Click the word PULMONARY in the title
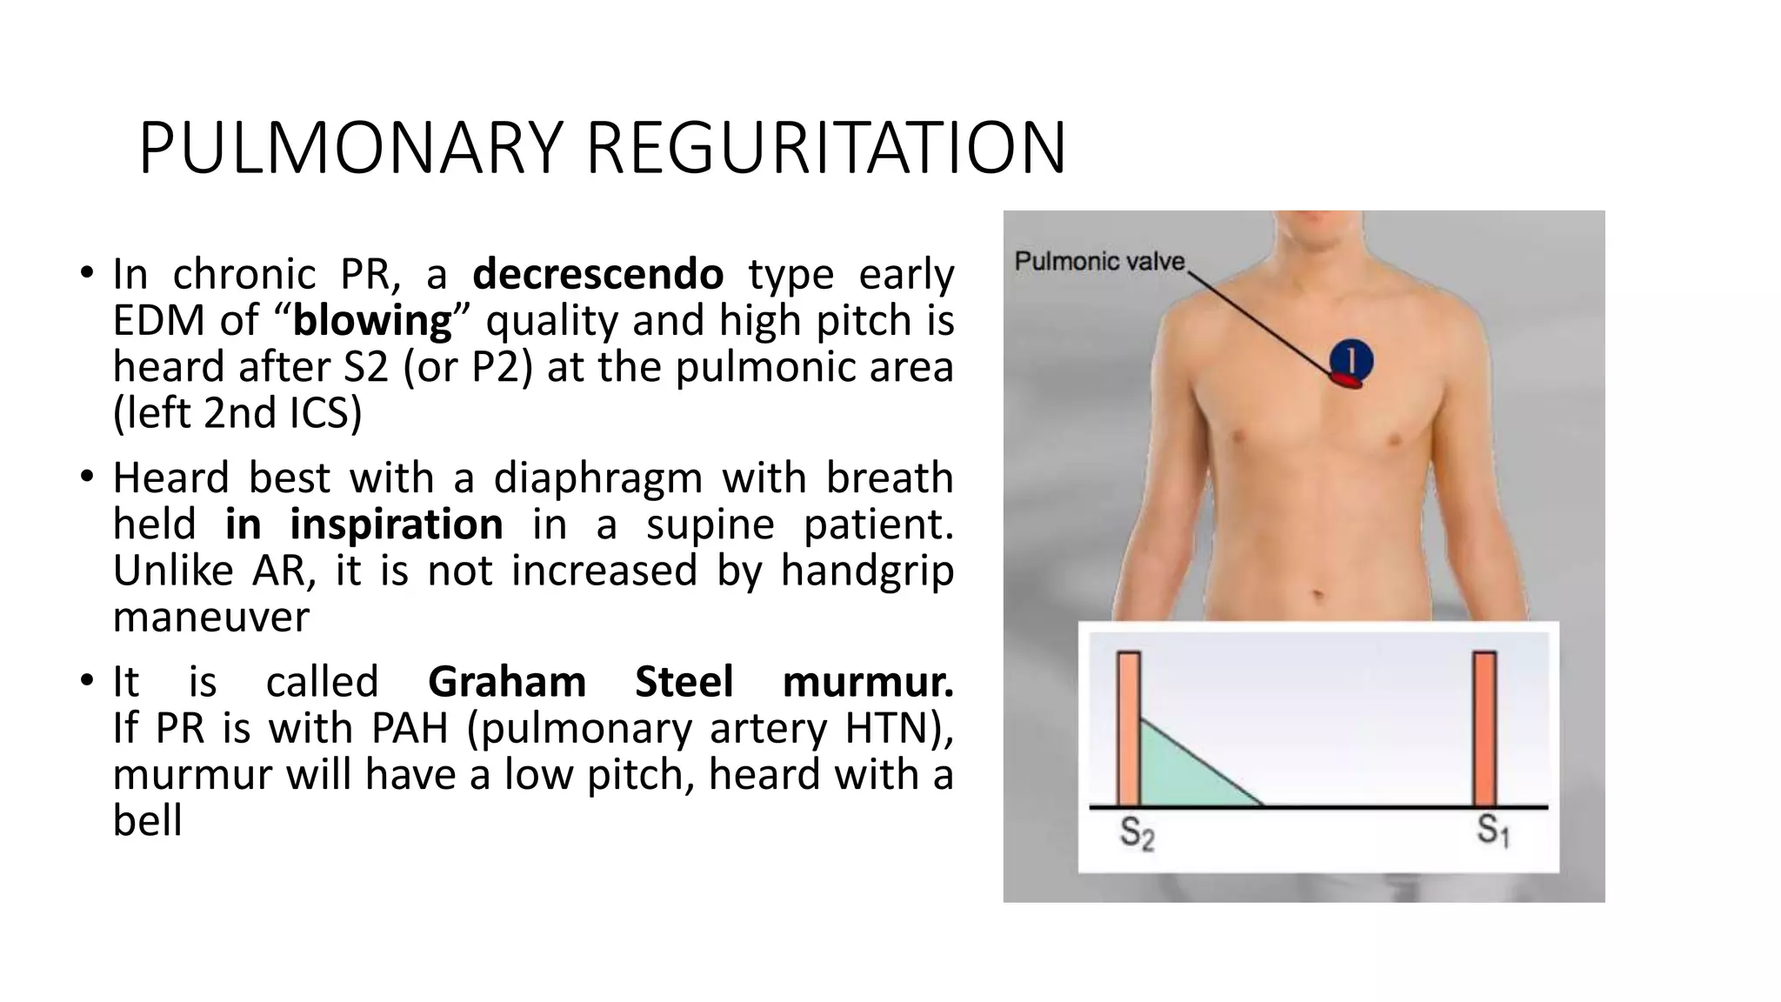(351, 149)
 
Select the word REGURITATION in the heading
(826, 149)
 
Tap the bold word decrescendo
(597, 274)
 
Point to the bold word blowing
(372, 321)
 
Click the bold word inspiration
(396, 524)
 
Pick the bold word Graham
(507, 681)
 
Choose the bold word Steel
(684, 681)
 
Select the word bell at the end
(148, 820)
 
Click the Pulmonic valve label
(1099, 261)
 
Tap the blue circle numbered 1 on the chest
(1351, 359)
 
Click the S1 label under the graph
(1492, 831)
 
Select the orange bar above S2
(1129, 729)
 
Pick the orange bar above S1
(1484, 729)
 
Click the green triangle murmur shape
(1178, 774)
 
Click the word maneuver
(211, 618)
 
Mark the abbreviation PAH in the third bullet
(409, 728)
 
